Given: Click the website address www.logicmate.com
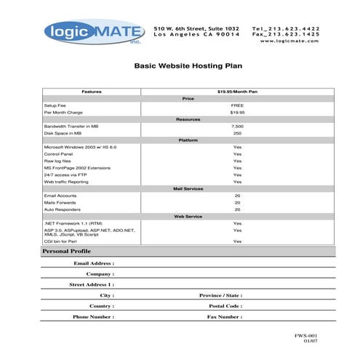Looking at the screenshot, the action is coord(289,40).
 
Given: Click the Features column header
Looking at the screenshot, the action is coord(92,92).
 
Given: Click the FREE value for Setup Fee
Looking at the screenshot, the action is coord(237,105).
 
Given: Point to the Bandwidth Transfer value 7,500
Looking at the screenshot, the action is coord(237,126).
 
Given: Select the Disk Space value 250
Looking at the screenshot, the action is coord(237,133).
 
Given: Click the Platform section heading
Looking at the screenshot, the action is coord(188,140).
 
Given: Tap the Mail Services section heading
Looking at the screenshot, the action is coord(188,188).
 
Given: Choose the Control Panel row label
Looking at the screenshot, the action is coord(59,154).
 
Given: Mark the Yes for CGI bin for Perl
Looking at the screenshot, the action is coord(237,240).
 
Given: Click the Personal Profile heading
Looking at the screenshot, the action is coord(66,251).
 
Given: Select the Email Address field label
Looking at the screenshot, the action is coord(93,263).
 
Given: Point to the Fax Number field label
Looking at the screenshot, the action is coord(224,317).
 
